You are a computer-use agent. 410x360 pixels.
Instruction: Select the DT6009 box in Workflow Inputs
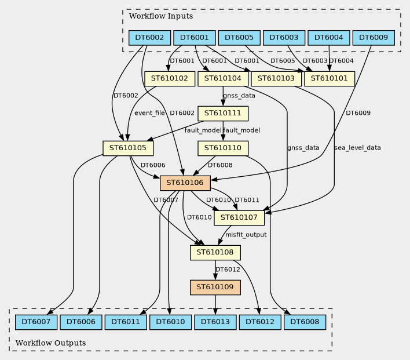click(374, 38)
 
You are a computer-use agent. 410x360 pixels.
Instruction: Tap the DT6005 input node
click(239, 38)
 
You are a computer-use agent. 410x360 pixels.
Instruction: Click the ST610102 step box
click(169, 78)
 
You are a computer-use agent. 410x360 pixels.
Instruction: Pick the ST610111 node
click(223, 113)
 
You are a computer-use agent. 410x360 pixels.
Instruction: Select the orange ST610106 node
click(185, 183)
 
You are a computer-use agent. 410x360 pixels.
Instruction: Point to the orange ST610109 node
click(215, 287)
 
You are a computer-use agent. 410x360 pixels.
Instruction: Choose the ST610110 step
click(223, 148)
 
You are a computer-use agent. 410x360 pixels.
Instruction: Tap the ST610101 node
click(330, 78)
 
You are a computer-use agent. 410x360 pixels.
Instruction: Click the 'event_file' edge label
click(149, 113)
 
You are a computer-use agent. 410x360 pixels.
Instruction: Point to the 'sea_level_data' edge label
click(357, 148)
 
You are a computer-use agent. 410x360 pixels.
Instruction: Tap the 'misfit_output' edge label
click(246, 235)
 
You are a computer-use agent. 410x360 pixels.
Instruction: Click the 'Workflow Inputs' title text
click(160, 16)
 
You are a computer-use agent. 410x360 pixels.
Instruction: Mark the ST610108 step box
click(215, 252)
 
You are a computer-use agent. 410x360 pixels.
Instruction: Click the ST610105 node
click(127, 148)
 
